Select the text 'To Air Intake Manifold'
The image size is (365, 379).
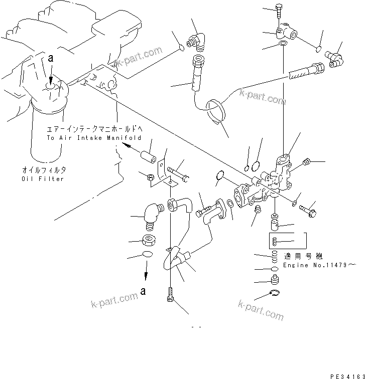[94, 137]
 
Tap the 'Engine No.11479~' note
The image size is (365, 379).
[319, 265]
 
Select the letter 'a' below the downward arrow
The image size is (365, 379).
[145, 290]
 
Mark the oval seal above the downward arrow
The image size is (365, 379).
[146, 255]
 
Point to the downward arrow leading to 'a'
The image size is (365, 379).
[146, 273]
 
